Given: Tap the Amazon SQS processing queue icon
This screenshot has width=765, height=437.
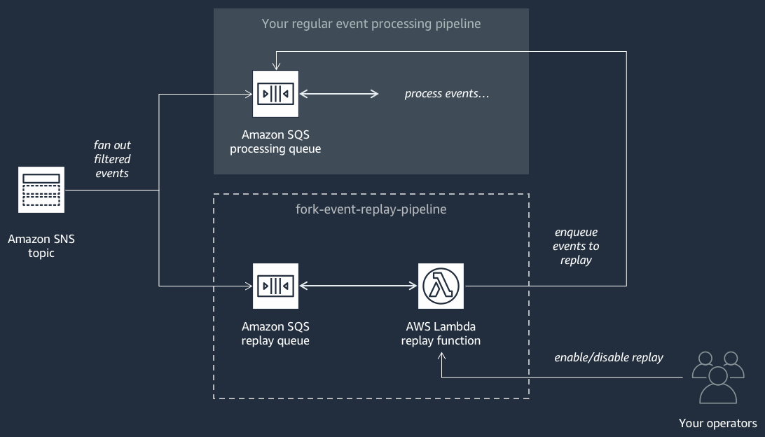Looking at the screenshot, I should click(x=275, y=94).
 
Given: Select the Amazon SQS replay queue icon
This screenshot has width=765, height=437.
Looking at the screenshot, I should click(x=275, y=286).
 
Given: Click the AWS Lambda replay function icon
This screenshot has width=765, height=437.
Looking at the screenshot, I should click(x=441, y=286).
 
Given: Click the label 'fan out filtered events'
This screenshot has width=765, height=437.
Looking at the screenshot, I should click(x=112, y=159).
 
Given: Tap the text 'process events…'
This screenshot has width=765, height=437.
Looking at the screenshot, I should click(x=447, y=94).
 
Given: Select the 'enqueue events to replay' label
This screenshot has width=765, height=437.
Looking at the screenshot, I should click(x=576, y=246).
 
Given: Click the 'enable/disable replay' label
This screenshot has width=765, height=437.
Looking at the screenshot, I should click(x=608, y=357).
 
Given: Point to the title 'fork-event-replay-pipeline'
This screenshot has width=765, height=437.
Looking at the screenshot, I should click(x=371, y=209).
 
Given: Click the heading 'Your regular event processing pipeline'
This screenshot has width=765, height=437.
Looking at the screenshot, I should click(x=371, y=24).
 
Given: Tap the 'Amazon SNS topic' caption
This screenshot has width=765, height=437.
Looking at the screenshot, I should click(x=41, y=246).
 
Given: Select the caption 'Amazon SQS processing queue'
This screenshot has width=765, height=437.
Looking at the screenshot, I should click(x=275, y=141).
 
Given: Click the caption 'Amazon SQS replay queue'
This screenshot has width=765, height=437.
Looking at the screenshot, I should click(x=275, y=333).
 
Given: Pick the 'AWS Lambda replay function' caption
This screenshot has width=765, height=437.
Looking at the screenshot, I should click(x=441, y=333).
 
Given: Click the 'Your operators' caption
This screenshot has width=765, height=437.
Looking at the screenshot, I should click(x=717, y=423).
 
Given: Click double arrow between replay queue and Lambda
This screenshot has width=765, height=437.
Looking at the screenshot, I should click(x=358, y=286).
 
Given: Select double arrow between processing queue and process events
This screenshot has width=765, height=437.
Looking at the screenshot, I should click(x=339, y=94).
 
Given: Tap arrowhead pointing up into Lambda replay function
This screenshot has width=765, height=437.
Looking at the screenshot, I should click(x=441, y=356).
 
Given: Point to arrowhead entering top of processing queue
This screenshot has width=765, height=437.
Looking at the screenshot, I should click(x=276, y=66).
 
